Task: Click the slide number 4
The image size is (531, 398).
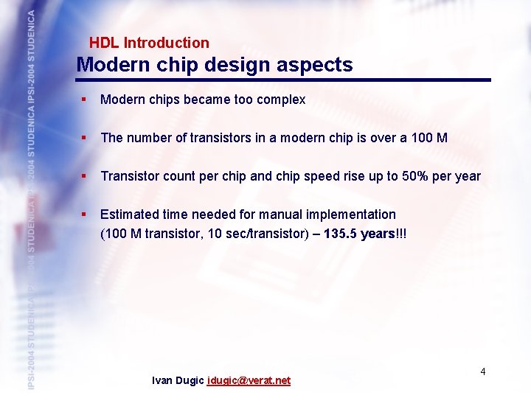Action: (x=483, y=371)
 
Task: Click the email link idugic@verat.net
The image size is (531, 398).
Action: (x=249, y=381)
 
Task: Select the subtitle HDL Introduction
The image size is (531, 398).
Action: (x=149, y=43)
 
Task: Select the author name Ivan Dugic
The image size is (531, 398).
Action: (x=178, y=381)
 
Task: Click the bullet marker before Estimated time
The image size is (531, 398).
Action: (x=86, y=214)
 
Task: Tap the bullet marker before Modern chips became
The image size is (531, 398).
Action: (x=86, y=99)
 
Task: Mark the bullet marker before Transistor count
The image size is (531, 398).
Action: (x=86, y=175)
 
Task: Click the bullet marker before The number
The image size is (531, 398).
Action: (x=86, y=137)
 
